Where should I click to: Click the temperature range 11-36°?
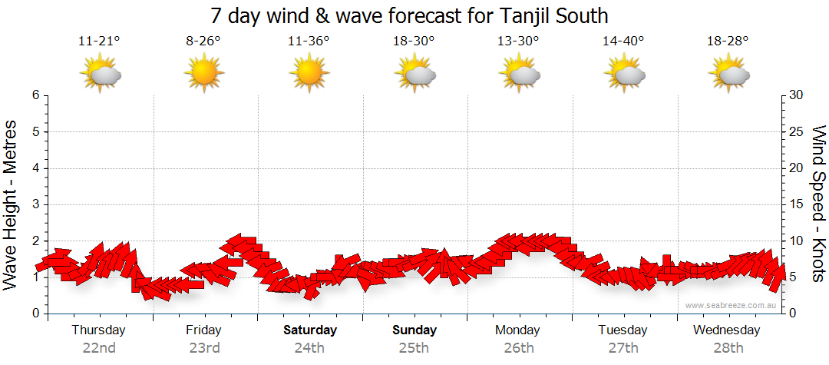tap(309, 41)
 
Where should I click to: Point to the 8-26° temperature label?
tap(204, 41)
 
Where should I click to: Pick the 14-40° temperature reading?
tap(623, 41)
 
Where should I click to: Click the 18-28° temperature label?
tap(728, 41)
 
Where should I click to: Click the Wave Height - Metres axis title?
tap(12, 204)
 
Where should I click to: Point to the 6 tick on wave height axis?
tap(35, 95)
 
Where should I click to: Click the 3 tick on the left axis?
tap(35, 204)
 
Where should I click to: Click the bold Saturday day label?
tap(310, 330)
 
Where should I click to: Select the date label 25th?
tap(414, 347)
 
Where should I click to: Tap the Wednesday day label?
tap(726, 330)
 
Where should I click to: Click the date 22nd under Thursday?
tap(99, 347)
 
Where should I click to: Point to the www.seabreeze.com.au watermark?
tap(731, 305)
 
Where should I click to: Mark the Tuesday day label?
tap(623, 330)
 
